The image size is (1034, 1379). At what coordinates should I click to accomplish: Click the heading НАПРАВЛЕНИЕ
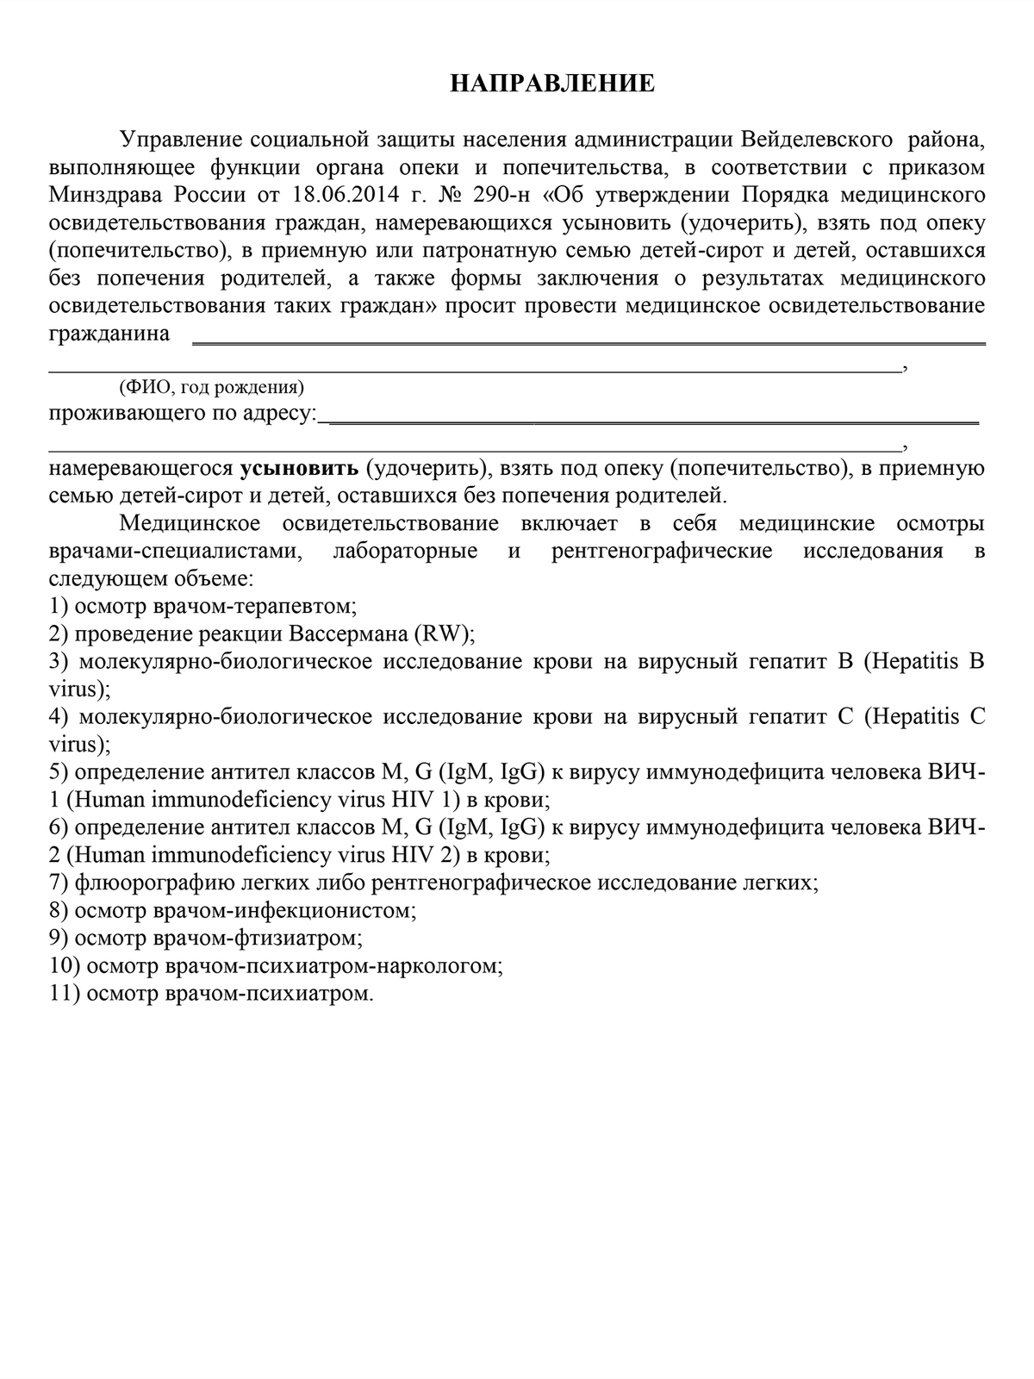coord(552,83)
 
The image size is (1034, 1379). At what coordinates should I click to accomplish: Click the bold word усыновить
coord(299,469)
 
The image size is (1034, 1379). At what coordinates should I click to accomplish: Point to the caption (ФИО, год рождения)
coord(211,387)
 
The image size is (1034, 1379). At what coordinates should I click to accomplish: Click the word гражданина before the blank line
coord(109,334)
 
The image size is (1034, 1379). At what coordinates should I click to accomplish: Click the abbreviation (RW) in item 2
coord(444,634)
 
